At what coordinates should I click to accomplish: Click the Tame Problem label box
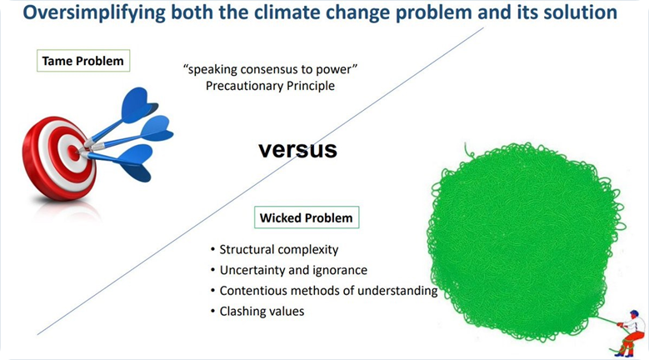pos(83,61)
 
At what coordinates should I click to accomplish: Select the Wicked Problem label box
pos(307,217)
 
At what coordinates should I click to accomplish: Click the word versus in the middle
pos(297,149)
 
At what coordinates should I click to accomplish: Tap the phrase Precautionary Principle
pos(270,86)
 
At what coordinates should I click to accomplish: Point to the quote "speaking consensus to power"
pos(270,69)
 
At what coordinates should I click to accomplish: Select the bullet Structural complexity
pos(274,249)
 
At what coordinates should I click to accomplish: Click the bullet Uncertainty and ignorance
pos(289,270)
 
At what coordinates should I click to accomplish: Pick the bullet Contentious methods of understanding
pos(324,291)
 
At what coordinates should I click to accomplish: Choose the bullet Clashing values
pos(257,311)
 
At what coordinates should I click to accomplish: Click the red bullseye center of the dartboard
pos(73,153)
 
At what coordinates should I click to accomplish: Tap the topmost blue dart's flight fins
pos(139,103)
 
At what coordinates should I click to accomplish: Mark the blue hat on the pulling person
pos(634,312)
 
